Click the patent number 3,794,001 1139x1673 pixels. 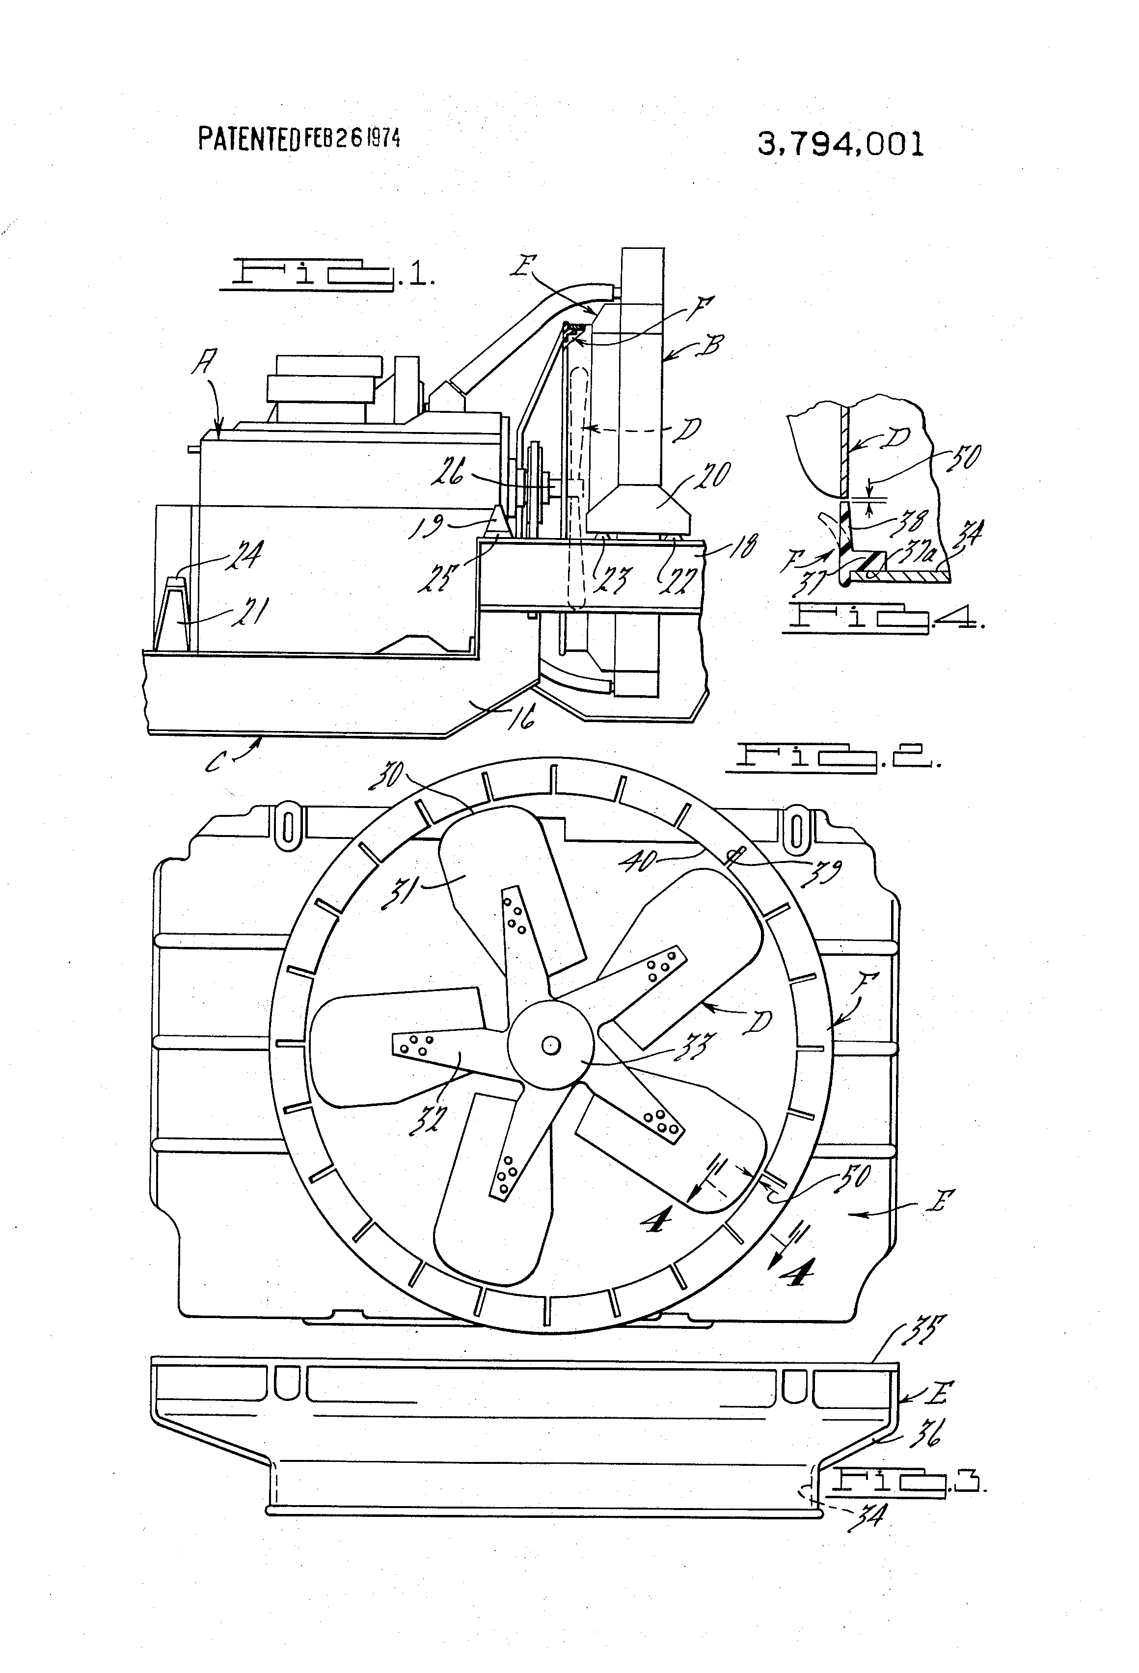point(840,145)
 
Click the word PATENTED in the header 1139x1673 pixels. point(248,139)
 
